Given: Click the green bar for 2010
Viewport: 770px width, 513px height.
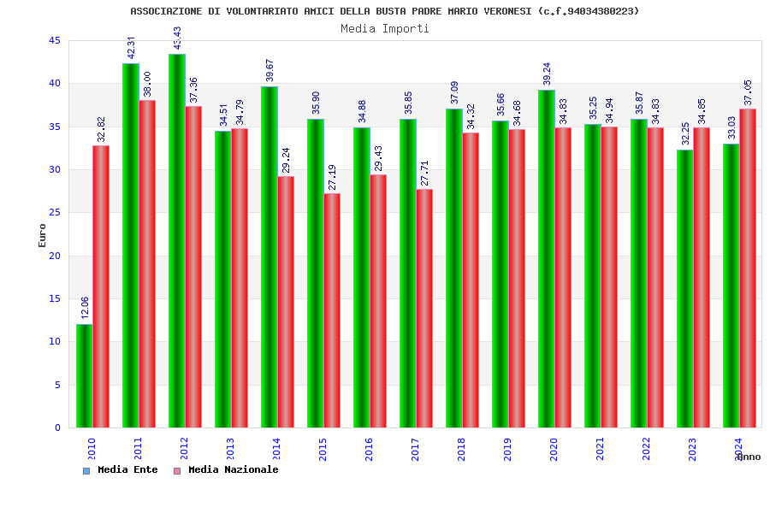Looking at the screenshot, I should click(84, 375).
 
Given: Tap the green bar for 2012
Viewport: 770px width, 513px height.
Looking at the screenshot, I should click(176, 240).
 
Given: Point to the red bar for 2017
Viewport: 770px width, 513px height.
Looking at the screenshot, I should click(424, 308).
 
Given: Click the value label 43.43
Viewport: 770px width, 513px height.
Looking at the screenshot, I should click(177, 38).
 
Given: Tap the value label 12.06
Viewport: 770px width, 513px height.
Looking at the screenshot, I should click(85, 308).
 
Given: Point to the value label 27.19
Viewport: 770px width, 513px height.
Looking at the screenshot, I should click(333, 177).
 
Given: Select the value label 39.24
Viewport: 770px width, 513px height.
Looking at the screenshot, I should click(547, 74).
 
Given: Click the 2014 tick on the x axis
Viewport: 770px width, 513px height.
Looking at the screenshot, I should click(275, 449).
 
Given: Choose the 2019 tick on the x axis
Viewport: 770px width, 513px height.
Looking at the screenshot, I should click(506, 449).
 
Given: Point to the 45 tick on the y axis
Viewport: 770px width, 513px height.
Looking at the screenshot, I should click(55, 41).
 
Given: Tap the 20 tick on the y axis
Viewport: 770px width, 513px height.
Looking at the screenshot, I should click(55, 256).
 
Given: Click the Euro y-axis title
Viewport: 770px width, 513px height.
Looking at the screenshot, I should click(42, 235).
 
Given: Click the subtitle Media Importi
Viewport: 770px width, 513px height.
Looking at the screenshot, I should click(385, 28).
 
